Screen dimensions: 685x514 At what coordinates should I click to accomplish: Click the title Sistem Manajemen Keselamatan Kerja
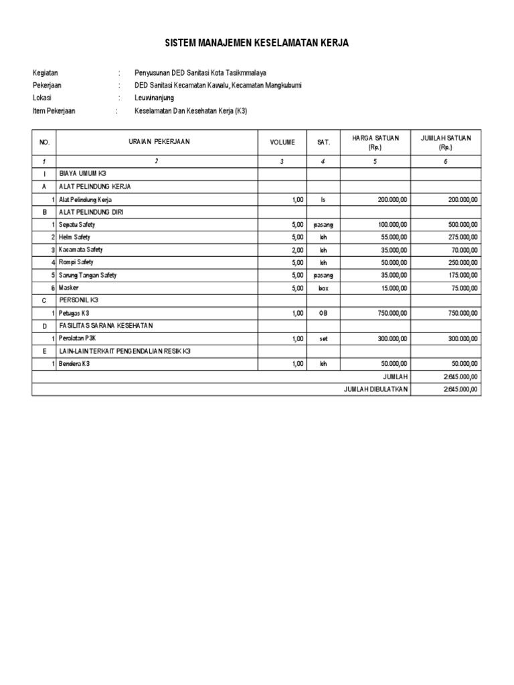click(x=256, y=43)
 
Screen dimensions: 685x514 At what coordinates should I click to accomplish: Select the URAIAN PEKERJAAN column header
click(x=159, y=142)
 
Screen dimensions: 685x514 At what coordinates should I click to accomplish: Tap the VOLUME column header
click(x=282, y=142)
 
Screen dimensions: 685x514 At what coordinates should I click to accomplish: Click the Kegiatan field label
click(x=46, y=73)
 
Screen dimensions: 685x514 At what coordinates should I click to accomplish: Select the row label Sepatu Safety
click(x=77, y=225)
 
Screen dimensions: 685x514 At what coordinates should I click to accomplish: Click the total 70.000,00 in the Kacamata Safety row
click(x=462, y=250)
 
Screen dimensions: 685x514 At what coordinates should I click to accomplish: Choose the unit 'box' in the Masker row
click(x=323, y=288)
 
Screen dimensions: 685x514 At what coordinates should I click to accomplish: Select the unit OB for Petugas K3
click(x=323, y=313)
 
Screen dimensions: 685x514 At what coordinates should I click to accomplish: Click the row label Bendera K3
click(x=75, y=363)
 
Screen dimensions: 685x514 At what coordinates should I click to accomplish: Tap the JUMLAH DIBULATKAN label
click(x=375, y=389)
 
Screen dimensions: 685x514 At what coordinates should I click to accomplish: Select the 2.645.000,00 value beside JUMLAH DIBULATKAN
click(x=460, y=389)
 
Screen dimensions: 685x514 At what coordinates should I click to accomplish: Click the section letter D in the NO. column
click(x=44, y=326)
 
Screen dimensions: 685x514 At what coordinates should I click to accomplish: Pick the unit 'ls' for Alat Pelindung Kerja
click(x=323, y=200)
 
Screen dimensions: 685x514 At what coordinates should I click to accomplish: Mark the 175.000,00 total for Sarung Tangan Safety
click(x=461, y=275)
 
